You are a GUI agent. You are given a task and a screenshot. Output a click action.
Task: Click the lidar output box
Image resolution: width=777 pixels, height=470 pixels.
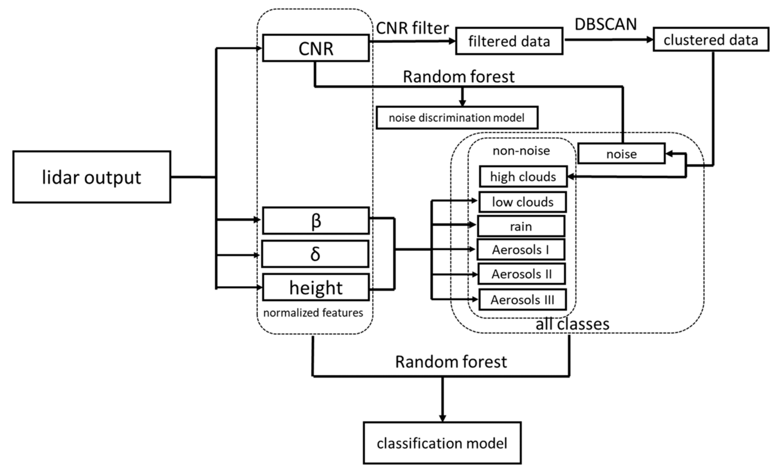pyautogui.click(x=92, y=177)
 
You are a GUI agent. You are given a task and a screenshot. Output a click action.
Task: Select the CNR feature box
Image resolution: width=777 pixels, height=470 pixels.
pyautogui.click(x=316, y=48)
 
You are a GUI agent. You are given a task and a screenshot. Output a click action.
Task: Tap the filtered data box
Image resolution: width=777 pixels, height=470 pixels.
pyautogui.click(x=509, y=41)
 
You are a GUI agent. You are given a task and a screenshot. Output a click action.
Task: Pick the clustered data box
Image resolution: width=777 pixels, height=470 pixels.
pyautogui.click(x=711, y=40)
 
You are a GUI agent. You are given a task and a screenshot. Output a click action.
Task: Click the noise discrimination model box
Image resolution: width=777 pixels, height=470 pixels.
pyautogui.click(x=457, y=118)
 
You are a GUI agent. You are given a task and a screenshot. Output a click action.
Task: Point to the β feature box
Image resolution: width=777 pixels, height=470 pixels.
pyautogui.click(x=316, y=221)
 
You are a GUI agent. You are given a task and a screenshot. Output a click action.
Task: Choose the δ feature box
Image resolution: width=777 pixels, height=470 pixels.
pyautogui.click(x=315, y=254)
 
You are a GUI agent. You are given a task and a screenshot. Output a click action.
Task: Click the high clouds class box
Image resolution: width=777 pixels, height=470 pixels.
pyautogui.click(x=523, y=177)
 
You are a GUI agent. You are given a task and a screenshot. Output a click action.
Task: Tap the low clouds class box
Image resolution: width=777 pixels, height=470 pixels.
pyautogui.click(x=523, y=202)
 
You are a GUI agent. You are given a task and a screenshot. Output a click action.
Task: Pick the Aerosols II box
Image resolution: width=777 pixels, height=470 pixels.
pyautogui.click(x=522, y=274)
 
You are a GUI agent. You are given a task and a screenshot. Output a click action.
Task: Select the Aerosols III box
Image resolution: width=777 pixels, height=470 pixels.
pyautogui.click(x=523, y=299)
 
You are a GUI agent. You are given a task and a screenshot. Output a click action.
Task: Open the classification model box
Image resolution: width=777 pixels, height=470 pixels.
pyautogui.click(x=442, y=443)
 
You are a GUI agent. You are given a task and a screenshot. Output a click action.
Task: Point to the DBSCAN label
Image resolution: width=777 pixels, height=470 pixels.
pyautogui.click(x=606, y=24)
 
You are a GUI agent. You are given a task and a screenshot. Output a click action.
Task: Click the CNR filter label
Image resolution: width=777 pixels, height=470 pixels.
pyautogui.click(x=412, y=28)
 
